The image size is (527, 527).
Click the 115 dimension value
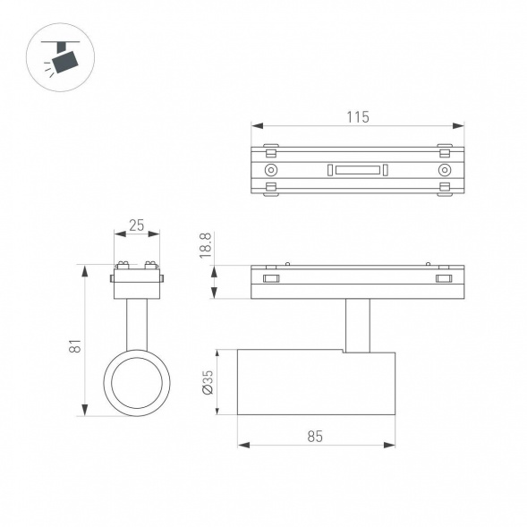coord(357,116)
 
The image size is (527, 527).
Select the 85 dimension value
coord(314,436)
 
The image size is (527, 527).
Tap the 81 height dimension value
coord(76,345)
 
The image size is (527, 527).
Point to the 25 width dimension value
coord(136,225)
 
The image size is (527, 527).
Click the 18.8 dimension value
coord(205,247)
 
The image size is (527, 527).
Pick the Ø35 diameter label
coord(207,383)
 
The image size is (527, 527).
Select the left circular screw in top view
coord(270,170)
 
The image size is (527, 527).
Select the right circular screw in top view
coord(445,170)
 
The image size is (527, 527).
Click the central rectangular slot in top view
coord(357,169)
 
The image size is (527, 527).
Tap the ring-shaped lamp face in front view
coord(136,384)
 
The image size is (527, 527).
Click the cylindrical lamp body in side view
coord(316,383)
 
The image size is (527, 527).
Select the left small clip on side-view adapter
coord(270,280)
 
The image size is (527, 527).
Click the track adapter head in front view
coord(136,280)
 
